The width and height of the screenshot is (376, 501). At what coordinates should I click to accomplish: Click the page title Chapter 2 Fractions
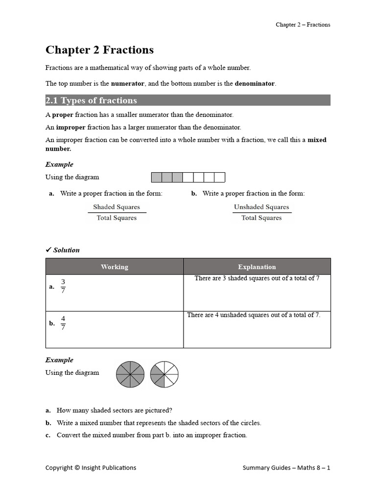(99, 50)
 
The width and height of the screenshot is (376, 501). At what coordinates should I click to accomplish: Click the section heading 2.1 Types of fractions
(91, 101)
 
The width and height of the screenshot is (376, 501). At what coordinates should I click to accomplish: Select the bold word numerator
(127, 84)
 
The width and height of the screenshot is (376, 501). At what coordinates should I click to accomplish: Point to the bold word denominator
(255, 84)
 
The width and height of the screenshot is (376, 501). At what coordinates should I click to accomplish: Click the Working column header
(114, 267)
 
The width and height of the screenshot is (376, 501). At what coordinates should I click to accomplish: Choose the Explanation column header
(257, 267)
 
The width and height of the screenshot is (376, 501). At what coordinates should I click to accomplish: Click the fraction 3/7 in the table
(63, 286)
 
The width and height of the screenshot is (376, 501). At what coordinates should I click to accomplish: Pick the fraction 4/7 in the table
(63, 323)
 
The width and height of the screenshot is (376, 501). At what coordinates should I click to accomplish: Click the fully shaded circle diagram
(130, 375)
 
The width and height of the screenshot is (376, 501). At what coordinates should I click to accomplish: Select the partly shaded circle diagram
(164, 375)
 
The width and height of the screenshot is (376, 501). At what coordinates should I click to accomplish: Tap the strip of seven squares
(188, 177)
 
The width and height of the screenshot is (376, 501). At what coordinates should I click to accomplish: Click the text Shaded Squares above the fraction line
(117, 207)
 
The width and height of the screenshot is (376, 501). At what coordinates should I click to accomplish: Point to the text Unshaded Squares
(261, 207)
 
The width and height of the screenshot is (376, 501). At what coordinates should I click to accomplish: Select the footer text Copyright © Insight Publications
(91, 468)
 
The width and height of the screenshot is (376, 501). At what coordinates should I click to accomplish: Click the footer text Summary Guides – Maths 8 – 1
(286, 468)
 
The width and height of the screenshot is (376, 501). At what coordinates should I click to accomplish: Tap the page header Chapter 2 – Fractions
(303, 24)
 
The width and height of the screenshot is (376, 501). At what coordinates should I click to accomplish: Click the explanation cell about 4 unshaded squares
(254, 315)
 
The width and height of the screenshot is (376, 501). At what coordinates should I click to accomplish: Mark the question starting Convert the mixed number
(152, 435)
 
